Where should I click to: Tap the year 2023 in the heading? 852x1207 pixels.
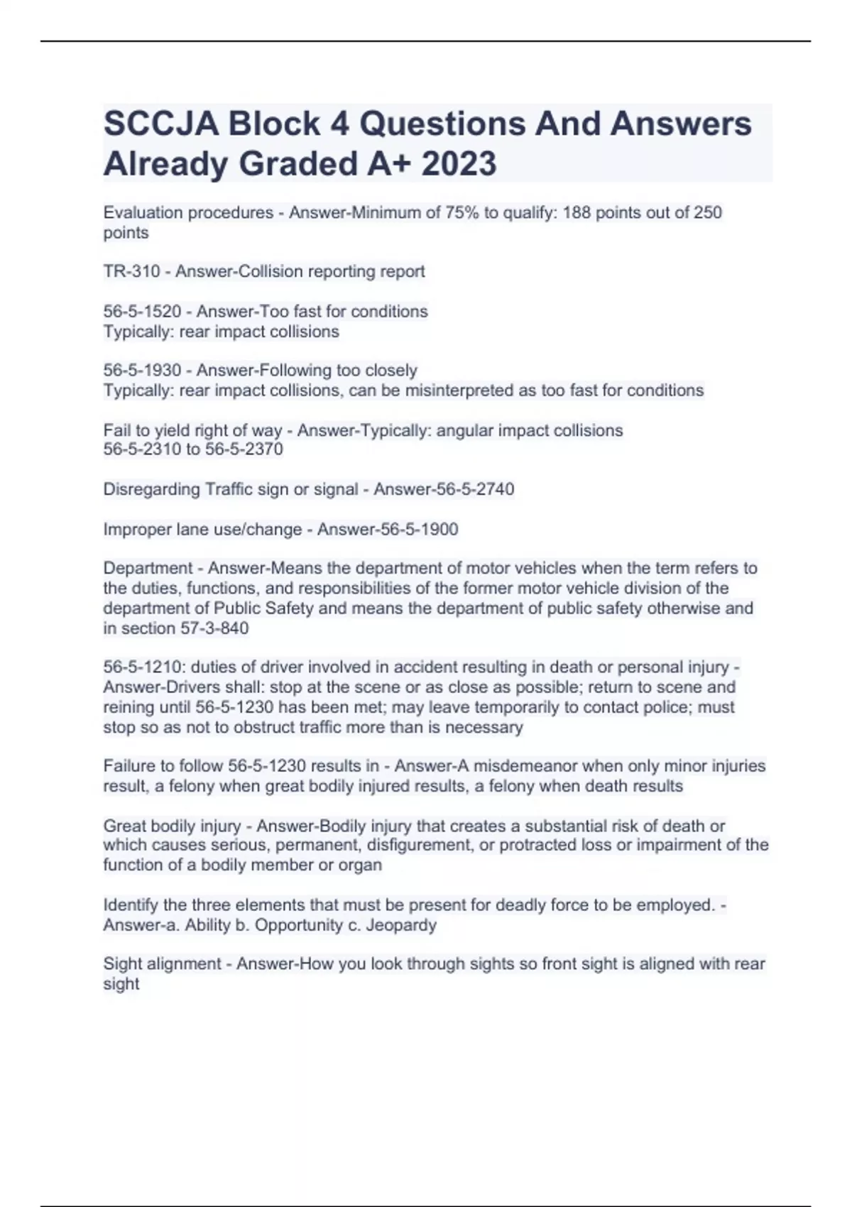(x=459, y=164)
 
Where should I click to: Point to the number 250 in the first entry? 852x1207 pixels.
(x=707, y=212)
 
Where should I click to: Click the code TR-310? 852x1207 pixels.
(x=131, y=271)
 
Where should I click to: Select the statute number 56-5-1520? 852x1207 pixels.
(x=142, y=311)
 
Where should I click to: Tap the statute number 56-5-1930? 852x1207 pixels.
(x=142, y=370)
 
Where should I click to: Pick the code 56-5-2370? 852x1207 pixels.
(x=244, y=449)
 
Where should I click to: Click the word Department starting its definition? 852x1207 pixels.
(x=148, y=568)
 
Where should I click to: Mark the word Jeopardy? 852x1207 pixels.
(x=401, y=925)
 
